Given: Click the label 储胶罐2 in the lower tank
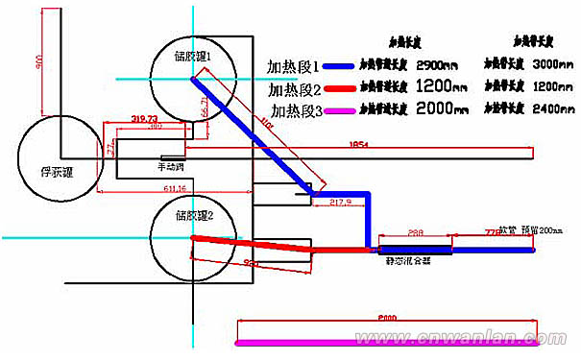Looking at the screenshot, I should coord(194,215).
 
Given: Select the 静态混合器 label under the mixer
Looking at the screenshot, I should coord(402,260).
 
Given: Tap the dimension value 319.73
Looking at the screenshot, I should coord(143,119).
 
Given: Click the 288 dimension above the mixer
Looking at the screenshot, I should coord(415,232).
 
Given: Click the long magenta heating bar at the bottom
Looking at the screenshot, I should coord(384,342).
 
